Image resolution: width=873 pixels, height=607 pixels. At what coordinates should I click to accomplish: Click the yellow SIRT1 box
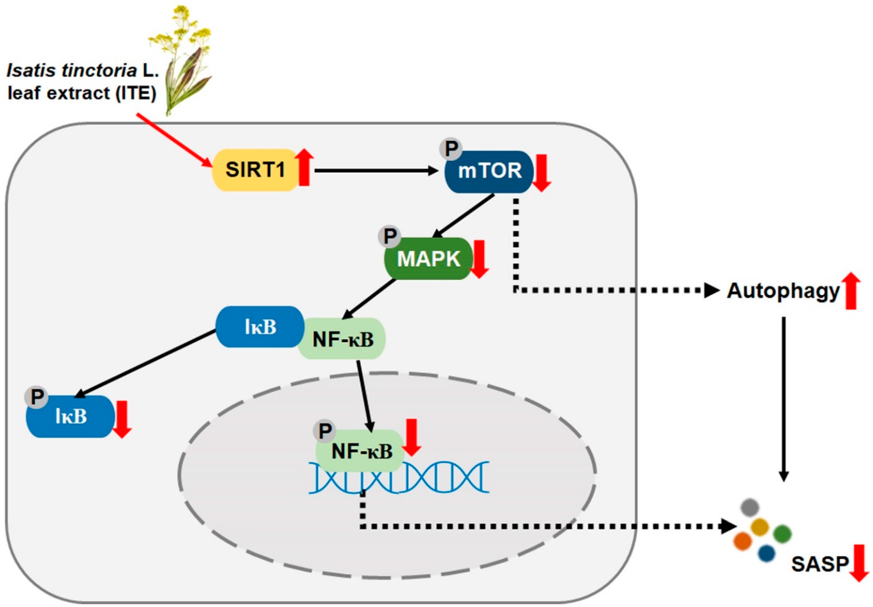[x=255, y=170]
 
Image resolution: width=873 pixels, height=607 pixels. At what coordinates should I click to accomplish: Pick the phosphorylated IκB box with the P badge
[x=70, y=416]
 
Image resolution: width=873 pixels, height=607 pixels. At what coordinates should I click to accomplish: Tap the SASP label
[x=819, y=564]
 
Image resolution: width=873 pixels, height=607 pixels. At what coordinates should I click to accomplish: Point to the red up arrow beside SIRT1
[x=304, y=167]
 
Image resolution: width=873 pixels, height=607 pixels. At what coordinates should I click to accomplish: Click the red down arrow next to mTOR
[x=541, y=173]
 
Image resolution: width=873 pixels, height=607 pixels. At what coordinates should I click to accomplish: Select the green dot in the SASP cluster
[x=782, y=534]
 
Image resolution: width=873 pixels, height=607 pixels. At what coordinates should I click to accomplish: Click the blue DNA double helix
[x=399, y=477]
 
